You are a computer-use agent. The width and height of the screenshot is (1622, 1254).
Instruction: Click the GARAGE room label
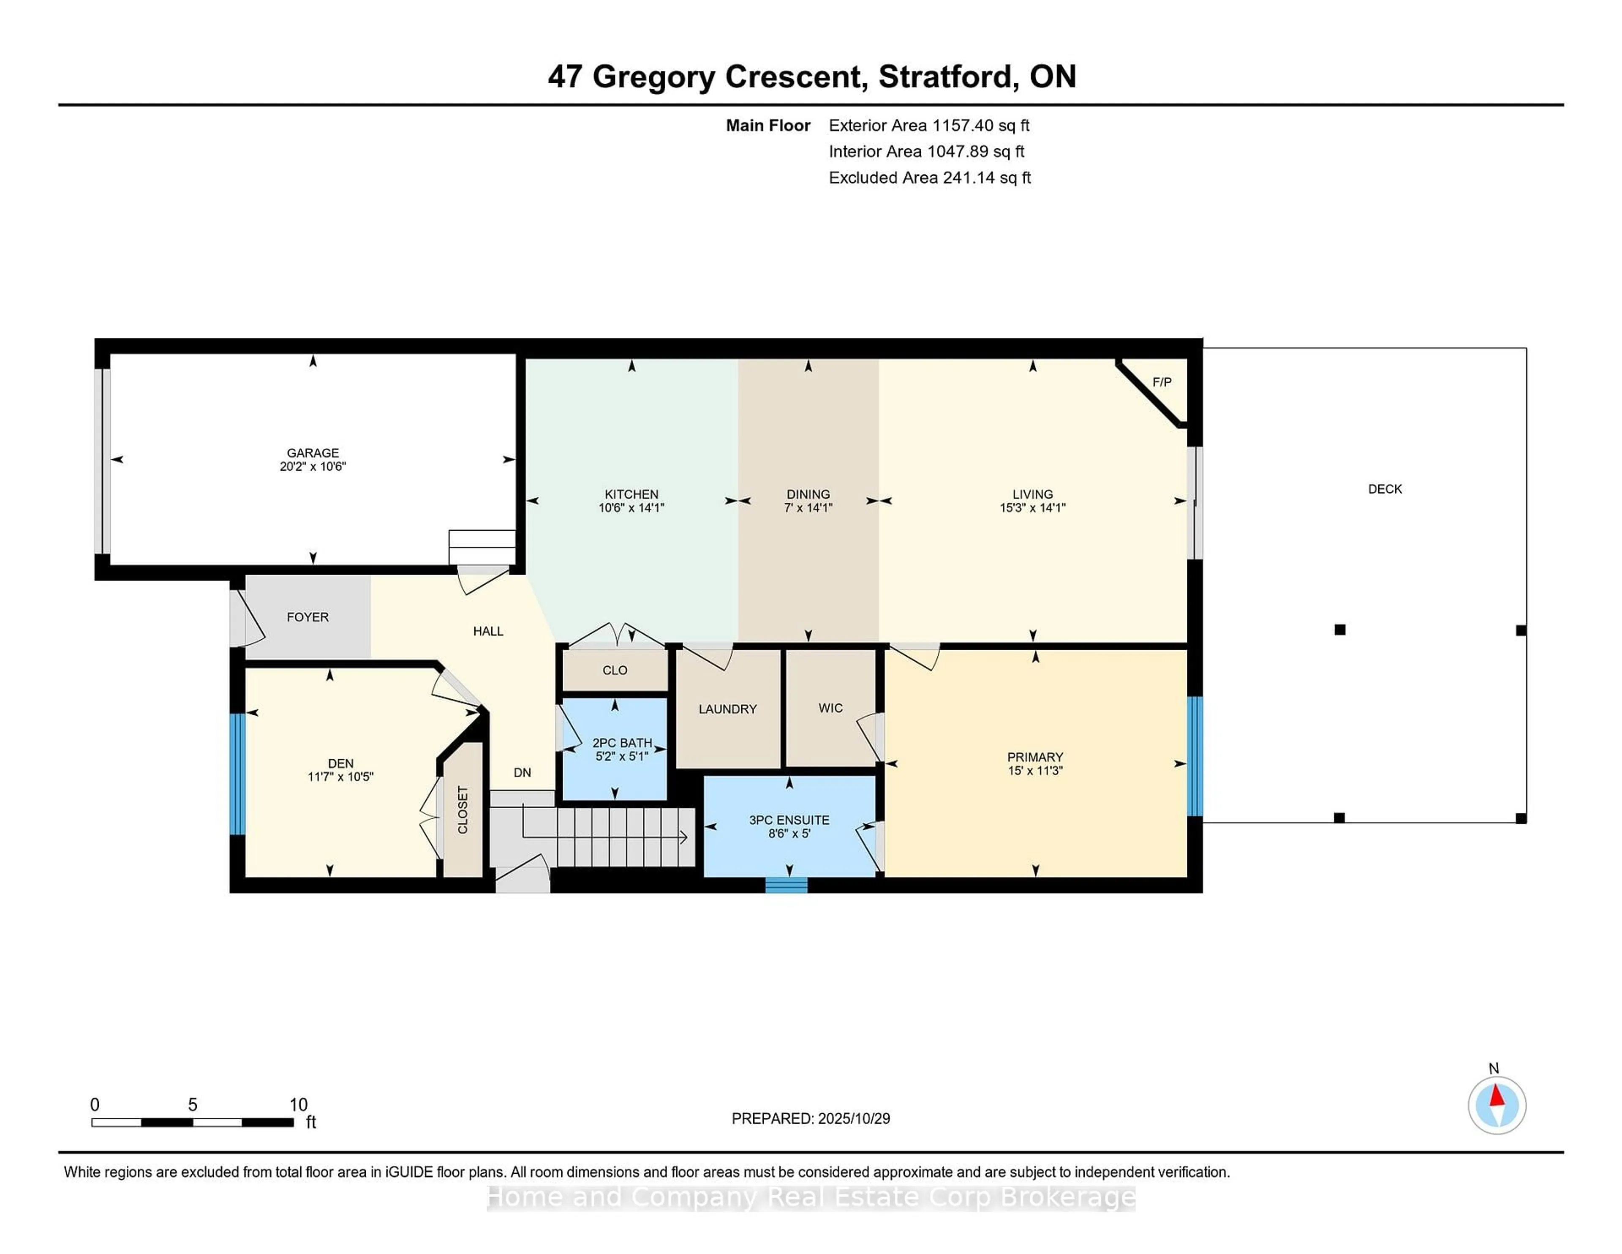point(313,453)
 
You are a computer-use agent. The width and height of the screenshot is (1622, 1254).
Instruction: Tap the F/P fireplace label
point(1162,382)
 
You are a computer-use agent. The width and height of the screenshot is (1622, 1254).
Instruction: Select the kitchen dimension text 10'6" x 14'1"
point(631,508)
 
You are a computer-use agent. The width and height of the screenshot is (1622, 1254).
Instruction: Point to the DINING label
point(808,494)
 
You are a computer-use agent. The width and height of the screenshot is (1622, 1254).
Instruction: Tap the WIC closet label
point(830,708)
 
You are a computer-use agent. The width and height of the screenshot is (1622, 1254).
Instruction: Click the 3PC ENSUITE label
point(789,820)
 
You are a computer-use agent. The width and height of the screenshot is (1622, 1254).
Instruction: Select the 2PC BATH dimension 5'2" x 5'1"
point(622,756)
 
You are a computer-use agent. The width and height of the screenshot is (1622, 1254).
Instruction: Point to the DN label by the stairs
point(522,773)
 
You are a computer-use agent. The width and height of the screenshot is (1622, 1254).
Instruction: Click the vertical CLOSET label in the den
point(463,810)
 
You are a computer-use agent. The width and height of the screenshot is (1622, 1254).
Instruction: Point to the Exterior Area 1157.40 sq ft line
point(928,125)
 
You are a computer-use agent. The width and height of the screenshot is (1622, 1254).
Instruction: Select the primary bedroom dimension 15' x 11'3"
point(1034,770)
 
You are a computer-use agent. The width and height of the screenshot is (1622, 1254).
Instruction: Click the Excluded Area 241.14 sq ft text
point(929,177)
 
